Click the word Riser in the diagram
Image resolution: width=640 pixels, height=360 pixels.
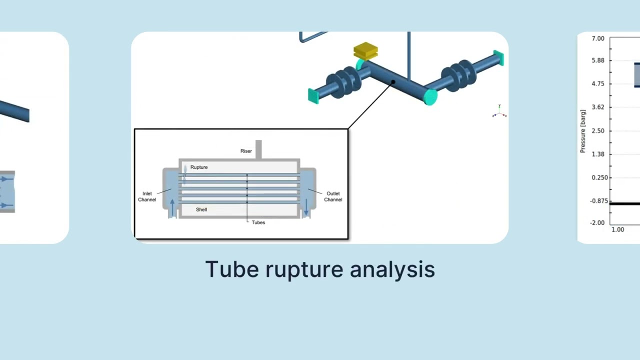(246, 151)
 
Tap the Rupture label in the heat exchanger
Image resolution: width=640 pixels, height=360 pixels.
(199, 167)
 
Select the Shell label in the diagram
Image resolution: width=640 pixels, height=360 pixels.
(201, 209)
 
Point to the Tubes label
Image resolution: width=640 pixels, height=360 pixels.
(258, 222)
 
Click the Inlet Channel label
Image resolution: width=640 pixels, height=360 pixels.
(147, 196)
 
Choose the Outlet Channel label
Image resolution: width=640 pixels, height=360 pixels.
(333, 196)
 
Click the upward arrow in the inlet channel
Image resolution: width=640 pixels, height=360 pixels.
(172, 207)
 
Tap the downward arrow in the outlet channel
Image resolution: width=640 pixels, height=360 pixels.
(306, 207)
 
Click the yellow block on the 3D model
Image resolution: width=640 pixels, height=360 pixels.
(365, 51)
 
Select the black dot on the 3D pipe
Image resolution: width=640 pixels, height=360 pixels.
(393, 82)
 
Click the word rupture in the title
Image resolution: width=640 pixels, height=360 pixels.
(304, 269)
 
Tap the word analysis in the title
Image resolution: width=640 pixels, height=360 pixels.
(392, 269)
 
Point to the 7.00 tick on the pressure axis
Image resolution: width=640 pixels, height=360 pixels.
(598, 38)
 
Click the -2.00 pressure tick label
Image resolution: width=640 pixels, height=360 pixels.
(597, 222)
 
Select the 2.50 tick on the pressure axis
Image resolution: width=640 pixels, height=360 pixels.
(598, 131)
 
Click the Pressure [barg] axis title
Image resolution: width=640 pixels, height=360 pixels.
(583, 131)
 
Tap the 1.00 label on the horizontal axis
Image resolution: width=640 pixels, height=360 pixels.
(617, 229)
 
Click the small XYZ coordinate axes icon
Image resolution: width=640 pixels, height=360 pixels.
(499, 111)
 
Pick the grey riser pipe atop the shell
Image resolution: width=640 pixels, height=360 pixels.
(258, 149)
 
